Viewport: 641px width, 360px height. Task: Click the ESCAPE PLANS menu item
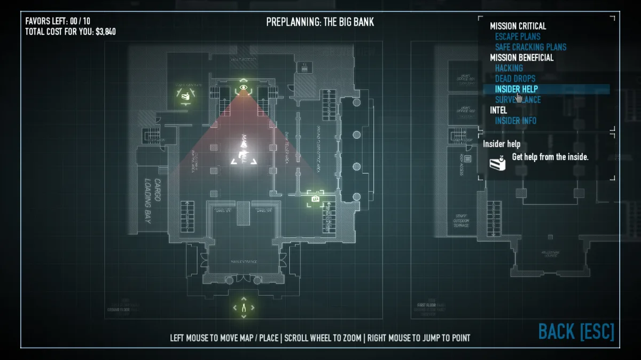click(x=518, y=36)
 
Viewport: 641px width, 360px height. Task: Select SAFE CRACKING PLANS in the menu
click(x=530, y=47)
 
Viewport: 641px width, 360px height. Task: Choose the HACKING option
click(x=509, y=68)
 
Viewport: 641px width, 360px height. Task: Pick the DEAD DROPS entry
click(x=515, y=79)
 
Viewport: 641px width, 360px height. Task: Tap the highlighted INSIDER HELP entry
click(x=516, y=89)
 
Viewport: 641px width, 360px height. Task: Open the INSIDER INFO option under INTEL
click(x=515, y=121)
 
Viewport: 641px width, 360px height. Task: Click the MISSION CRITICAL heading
click(x=518, y=26)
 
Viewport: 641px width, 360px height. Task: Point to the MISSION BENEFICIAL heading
click(x=521, y=58)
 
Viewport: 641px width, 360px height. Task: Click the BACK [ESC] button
click(x=576, y=331)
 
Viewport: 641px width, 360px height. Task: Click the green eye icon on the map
click(x=243, y=87)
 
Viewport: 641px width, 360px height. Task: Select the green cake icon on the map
click(x=185, y=96)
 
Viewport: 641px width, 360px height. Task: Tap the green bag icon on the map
click(x=315, y=199)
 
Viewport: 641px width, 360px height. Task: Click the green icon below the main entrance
click(x=244, y=308)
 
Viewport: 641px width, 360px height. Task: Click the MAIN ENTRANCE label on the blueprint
click(x=244, y=261)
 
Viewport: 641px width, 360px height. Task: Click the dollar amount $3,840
click(x=105, y=32)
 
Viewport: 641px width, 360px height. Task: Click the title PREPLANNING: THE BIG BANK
click(x=320, y=22)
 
